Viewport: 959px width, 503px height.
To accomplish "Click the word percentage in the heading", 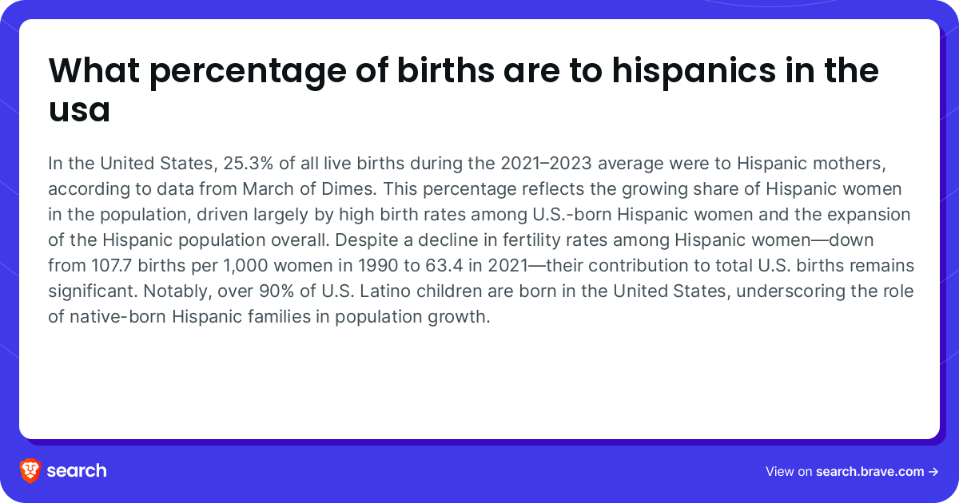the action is coord(248,71).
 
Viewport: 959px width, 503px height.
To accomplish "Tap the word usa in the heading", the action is coord(80,110).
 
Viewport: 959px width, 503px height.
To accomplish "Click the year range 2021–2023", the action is coord(547,163).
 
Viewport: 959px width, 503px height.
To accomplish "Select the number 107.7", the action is coord(111,265).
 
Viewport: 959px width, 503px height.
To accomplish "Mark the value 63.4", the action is coord(444,265).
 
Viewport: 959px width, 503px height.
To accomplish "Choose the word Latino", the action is coord(385,291).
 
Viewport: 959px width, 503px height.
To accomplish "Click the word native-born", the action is coord(117,316).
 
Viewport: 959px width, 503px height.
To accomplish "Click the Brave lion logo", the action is coord(30,471).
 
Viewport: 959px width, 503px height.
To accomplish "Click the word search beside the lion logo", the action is coord(77,471).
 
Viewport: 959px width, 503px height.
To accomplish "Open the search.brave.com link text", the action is coord(870,471).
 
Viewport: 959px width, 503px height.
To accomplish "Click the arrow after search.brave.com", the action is coord(933,472).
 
